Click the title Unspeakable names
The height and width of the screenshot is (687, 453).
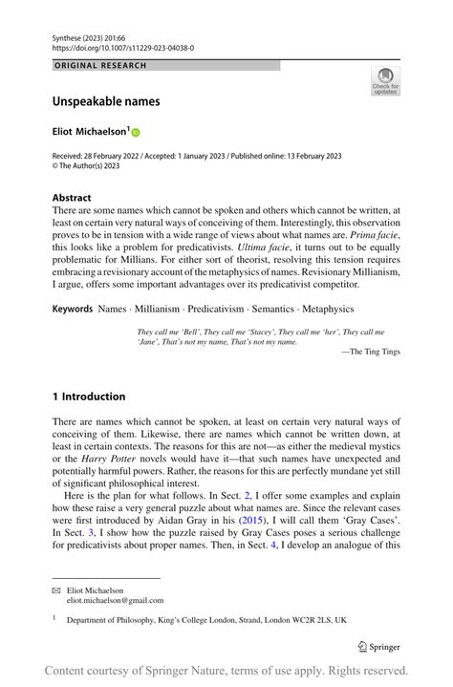coord(105,100)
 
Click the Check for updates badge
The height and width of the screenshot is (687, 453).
coord(385,80)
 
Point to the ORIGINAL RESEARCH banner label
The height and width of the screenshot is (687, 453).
coord(101,66)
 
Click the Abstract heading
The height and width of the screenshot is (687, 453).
coord(72,198)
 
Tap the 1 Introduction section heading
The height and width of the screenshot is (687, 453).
coord(89,397)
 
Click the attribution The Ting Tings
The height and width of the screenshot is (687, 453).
coord(374,353)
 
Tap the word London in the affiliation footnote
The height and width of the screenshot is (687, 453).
coord(248,620)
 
